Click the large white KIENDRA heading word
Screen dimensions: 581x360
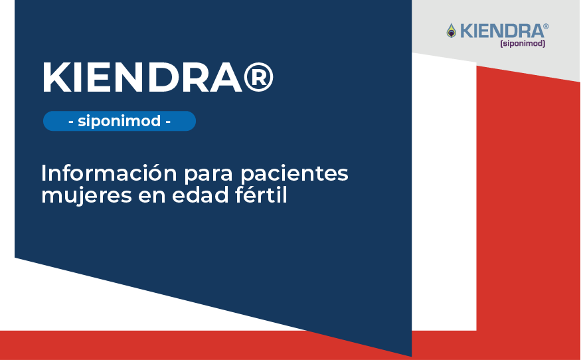[x=143, y=78]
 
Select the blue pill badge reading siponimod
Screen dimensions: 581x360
[x=120, y=121]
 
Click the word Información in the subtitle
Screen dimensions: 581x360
[x=109, y=173]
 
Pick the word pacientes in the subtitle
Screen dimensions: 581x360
[x=295, y=174]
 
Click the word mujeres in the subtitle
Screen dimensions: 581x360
[x=86, y=196]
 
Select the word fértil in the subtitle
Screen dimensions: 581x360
[x=261, y=195]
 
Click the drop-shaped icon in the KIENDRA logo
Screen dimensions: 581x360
[x=451, y=31]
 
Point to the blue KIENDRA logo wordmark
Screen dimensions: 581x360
[x=501, y=31]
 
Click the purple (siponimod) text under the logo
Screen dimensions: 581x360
[x=523, y=43]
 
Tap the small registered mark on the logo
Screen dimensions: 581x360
[x=546, y=26]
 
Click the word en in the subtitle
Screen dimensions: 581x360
[x=152, y=197]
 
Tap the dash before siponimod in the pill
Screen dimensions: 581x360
[x=71, y=122]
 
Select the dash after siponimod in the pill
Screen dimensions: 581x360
[x=168, y=122]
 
